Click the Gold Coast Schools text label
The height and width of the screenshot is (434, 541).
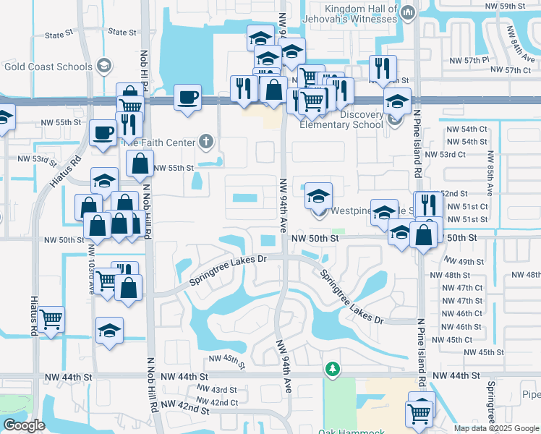47,67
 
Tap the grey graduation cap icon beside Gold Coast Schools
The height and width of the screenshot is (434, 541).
104,67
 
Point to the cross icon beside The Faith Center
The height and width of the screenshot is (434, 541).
206,142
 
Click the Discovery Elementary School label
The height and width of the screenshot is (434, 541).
352,119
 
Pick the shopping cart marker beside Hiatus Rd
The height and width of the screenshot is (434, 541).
51,318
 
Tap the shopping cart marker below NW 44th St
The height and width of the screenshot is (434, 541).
420,413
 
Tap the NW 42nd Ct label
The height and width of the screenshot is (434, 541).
217,402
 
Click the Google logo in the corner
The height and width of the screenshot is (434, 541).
24,425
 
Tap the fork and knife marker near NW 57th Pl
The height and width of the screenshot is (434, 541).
380,68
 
